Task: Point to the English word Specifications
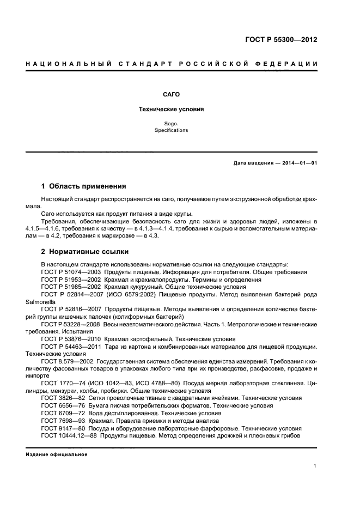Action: [170, 131]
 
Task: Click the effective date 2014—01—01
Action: [299, 163]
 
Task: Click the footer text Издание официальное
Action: [56, 454]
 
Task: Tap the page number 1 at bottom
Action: [315, 466]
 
